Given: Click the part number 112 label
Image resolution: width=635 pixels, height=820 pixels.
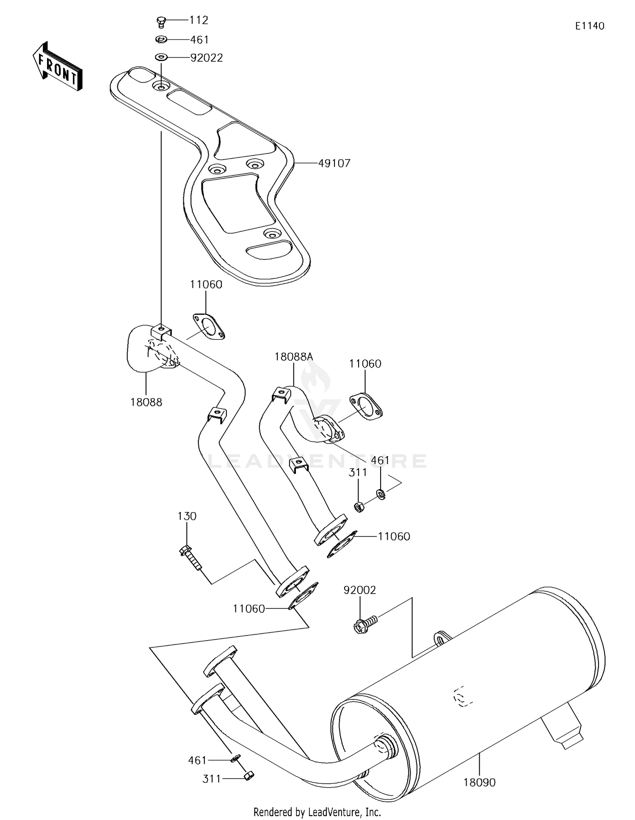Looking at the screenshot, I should [199, 20].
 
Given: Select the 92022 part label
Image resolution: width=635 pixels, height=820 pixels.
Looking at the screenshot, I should [206, 58].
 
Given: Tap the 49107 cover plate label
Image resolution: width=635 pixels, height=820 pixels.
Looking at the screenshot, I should [334, 163].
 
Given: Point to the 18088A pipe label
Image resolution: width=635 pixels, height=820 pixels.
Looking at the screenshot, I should [293, 357].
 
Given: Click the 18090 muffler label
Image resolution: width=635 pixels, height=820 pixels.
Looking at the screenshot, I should [479, 783].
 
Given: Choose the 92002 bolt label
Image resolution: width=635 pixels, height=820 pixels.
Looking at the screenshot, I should [359, 590].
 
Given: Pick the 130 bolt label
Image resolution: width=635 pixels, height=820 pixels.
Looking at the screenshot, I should [187, 516].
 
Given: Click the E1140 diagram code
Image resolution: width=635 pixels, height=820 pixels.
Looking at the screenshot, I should [589, 26].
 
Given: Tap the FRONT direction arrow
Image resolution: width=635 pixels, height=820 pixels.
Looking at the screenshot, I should [57, 67].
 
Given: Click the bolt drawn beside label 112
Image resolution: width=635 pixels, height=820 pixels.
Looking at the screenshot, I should [161, 21].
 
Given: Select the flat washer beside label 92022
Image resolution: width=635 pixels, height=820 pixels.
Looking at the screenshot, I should [161, 57].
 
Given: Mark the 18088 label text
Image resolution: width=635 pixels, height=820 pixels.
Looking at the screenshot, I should [146, 402].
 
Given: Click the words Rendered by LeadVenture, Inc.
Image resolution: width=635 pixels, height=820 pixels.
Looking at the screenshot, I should [317, 812].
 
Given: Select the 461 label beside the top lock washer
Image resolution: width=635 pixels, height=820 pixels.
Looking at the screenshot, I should [199, 40].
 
